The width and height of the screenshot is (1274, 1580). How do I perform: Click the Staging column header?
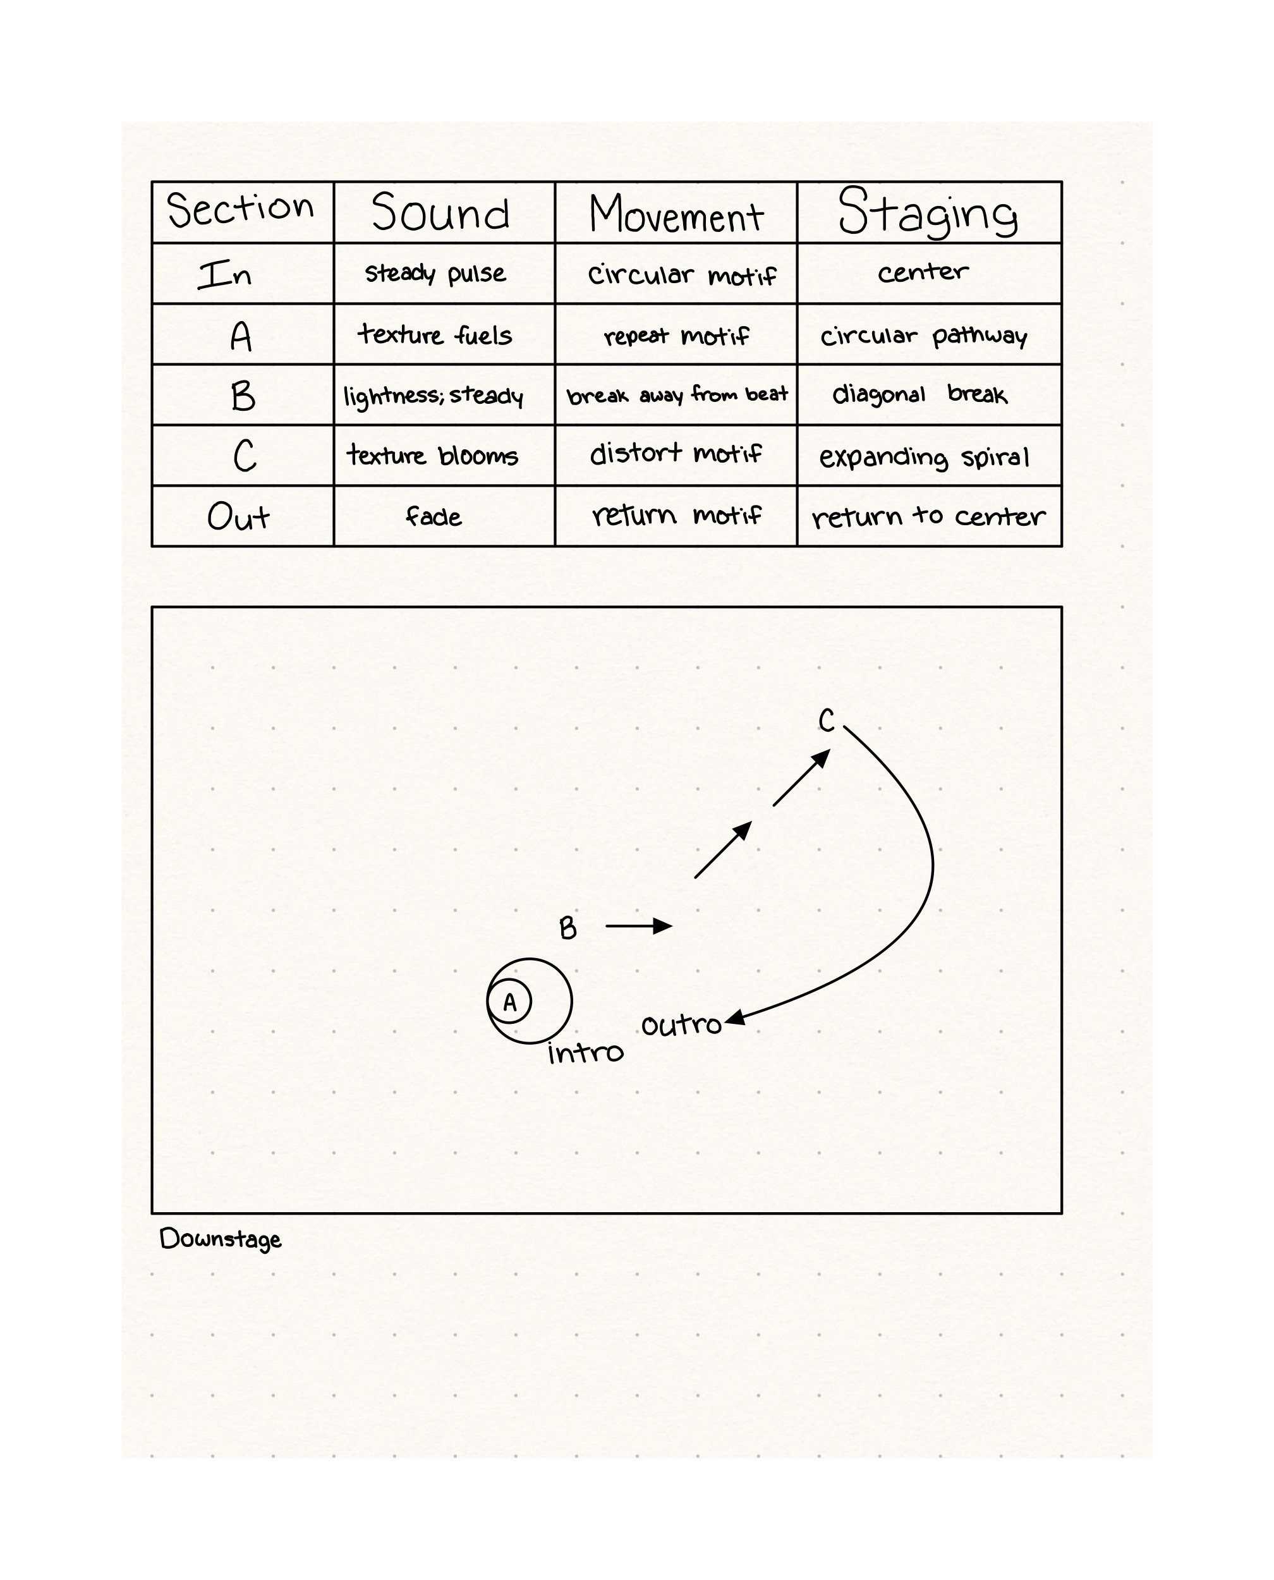928,212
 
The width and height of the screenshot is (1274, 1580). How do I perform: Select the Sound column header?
441,213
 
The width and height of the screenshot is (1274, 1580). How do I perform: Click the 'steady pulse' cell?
435,274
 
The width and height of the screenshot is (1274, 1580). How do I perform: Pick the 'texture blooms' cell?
433,456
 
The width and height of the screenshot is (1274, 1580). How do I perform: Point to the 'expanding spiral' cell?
924,457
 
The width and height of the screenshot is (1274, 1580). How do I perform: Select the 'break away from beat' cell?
677,396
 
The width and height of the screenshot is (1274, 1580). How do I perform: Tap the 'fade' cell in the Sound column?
434,516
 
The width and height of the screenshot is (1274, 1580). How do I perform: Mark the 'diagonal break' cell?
919,395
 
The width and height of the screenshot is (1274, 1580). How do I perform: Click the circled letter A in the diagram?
509,1002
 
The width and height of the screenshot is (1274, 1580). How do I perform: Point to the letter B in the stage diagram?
568,928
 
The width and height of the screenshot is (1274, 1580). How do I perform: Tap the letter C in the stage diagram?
827,720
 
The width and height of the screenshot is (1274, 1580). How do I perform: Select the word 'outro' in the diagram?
681,1025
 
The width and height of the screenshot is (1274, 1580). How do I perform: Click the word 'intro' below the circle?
585,1053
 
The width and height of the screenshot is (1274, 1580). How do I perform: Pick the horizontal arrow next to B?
638,926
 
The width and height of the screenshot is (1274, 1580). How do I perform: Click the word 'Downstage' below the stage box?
220,1239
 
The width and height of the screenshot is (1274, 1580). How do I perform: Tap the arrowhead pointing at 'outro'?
734,1019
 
